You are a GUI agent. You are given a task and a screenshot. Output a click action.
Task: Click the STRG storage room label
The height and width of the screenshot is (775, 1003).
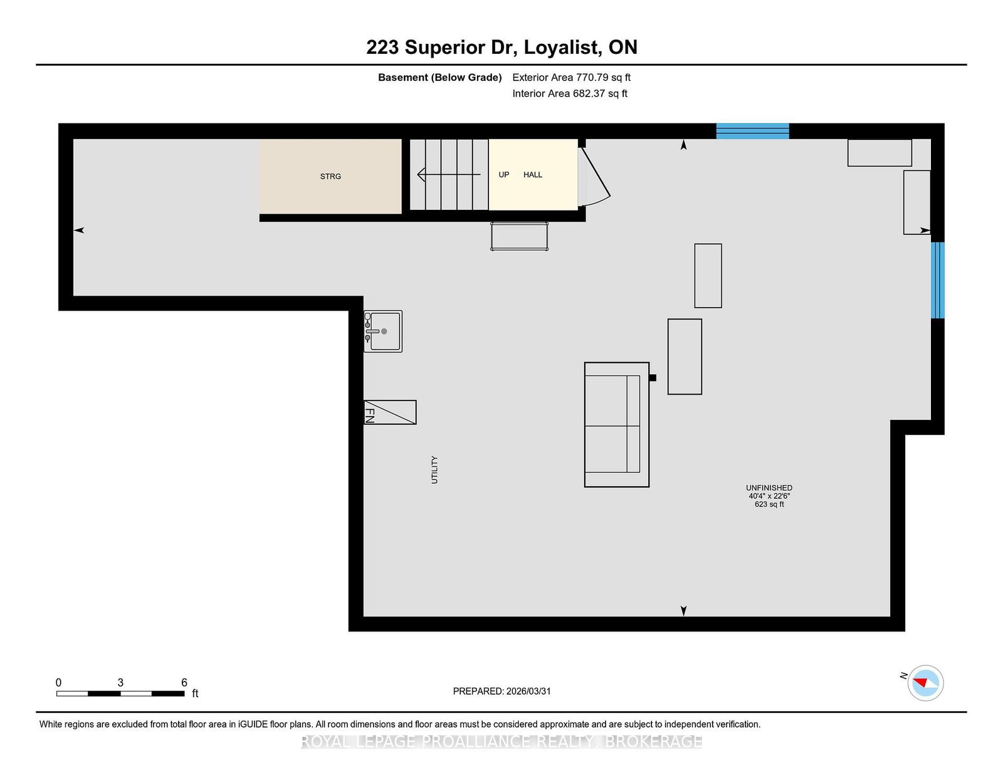pos(330,176)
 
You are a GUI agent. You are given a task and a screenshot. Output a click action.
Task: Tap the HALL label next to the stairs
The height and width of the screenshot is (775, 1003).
pos(533,174)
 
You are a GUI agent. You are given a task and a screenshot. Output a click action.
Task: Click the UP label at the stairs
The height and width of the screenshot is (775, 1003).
pos(503,174)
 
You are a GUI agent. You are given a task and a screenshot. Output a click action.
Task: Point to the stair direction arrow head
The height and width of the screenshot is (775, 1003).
pos(421,174)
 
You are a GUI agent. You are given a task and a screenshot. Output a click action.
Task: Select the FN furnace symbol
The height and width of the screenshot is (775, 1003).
pos(390,412)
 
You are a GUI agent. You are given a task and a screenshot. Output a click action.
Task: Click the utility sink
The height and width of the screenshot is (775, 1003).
pos(382,331)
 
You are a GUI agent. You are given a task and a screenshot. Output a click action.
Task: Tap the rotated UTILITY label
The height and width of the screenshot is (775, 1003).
pos(434,470)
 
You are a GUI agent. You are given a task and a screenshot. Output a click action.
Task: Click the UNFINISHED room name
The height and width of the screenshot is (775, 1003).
pos(769,487)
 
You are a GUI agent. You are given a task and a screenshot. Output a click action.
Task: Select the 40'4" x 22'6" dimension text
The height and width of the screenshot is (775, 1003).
pos(769,496)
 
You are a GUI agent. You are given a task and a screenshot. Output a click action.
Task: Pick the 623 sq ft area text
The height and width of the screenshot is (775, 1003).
pos(769,504)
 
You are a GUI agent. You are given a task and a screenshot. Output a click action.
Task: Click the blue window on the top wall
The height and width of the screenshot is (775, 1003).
pos(752,131)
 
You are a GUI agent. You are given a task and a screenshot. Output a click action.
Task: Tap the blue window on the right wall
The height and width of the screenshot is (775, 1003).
pos(937,280)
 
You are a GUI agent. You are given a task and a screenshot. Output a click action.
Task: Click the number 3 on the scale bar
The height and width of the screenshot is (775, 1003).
pos(120,682)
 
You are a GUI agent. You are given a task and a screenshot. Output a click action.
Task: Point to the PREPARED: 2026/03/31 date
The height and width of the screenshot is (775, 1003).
pos(501,691)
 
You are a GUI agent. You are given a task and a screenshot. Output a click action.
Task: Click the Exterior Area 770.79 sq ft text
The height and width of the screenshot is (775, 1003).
pos(572,78)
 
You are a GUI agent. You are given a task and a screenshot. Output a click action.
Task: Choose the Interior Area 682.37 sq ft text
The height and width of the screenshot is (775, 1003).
pos(570,93)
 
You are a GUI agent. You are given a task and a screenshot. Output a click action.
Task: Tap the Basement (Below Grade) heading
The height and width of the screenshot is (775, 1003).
pos(440,78)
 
